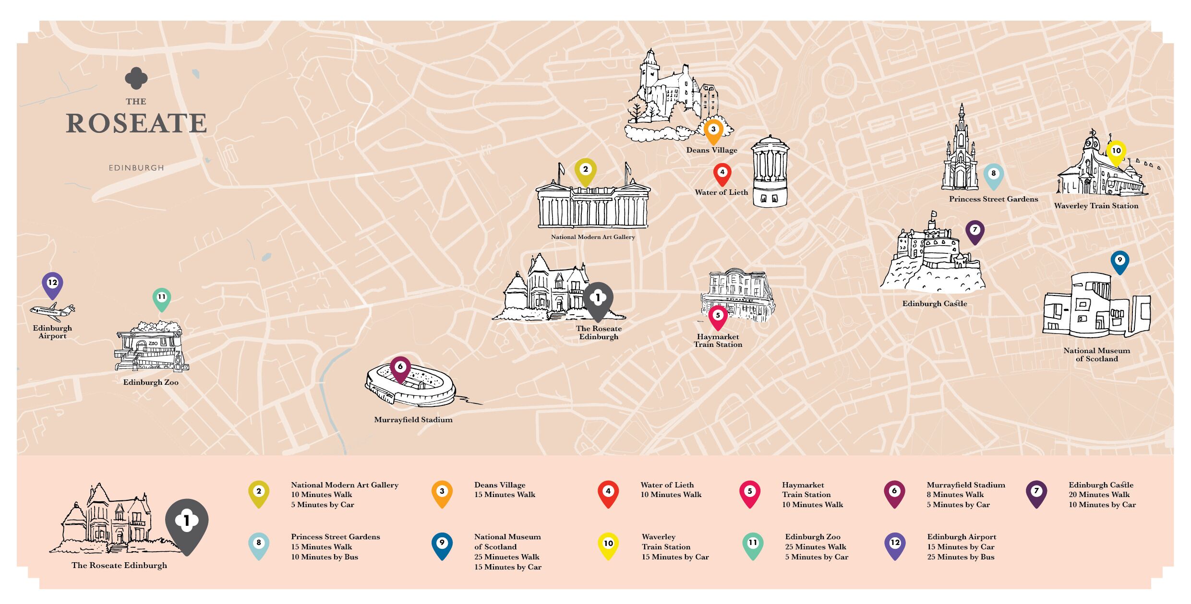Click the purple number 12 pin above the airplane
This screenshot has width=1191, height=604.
point(52,284)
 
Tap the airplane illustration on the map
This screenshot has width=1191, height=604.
point(52,311)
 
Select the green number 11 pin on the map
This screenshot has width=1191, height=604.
point(162,298)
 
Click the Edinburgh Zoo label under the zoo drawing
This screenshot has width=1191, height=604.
point(151,382)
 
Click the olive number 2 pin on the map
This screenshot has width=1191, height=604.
point(586,171)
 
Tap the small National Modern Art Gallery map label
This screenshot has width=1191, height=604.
point(593,237)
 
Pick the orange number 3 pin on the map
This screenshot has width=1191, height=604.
point(713,130)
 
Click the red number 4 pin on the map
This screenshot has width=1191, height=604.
point(722,174)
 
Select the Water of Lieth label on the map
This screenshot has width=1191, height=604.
point(721,192)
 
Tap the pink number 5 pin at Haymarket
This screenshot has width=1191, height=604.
point(718,317)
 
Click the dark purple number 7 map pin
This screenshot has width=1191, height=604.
point(974,231)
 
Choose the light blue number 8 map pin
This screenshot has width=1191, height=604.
point(993,175)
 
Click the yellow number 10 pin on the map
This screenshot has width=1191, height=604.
point(1116,152)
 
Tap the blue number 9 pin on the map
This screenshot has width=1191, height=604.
point(1119,261)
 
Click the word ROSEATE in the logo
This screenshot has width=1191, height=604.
point(136,123)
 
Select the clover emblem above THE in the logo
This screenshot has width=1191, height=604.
point(136,78)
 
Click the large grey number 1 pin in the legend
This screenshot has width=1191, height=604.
point(187,524)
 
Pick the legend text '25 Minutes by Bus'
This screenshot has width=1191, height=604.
point(961,557)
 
